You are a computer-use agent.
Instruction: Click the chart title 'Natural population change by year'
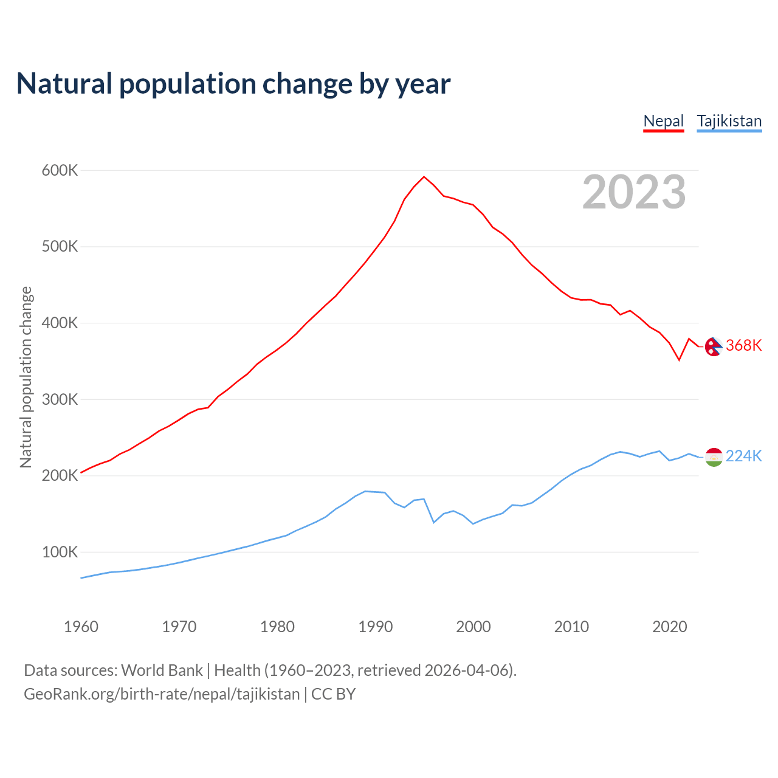tap(233, 84)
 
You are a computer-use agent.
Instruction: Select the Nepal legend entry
tap(664, 121)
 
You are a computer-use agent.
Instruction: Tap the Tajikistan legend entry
tap(729, 121)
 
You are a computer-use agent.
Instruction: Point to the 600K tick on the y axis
tap(60, 170)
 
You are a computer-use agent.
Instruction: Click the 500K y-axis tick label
tap(60, 247)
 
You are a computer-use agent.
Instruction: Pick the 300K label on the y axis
tap(60, 399)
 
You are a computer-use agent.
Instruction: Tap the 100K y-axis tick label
tap(60, 553)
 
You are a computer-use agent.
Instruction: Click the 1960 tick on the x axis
tap(81, 627)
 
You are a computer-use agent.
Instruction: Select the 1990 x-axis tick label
tap(376, 627)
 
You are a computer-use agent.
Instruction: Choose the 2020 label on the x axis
tap(669, 627)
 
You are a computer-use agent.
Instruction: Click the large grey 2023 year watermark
tap(634, 192)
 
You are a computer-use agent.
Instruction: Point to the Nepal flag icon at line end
tap(714, 346)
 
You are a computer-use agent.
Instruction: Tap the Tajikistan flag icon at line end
tap(714, 457)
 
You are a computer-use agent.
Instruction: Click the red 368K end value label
tap(743, 346)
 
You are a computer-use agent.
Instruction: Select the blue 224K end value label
tap(743, 456)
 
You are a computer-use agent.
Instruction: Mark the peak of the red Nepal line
tap(424, 177)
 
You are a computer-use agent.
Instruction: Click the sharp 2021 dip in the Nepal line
tap(679, 360)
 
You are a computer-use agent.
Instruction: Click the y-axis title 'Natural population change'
tap(26, 377)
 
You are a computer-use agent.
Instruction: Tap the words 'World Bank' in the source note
tap(162, 670)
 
